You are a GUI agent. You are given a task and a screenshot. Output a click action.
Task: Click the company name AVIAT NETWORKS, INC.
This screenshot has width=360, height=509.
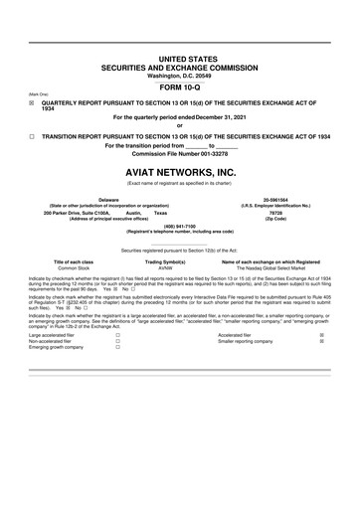point(179,171)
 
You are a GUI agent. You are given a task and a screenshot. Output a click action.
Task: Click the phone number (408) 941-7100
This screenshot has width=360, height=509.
point(180,225)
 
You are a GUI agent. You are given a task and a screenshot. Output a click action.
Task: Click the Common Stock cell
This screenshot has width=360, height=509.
point(74,267)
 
